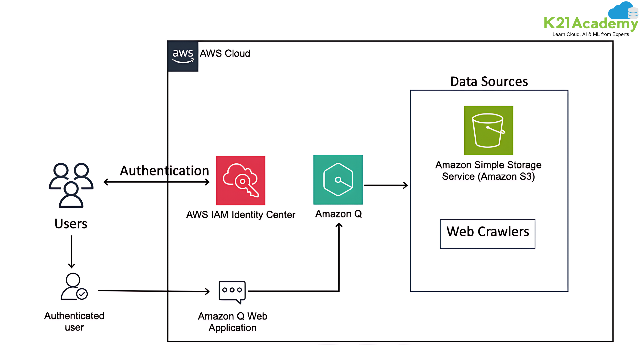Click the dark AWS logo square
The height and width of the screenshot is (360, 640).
(183, 56)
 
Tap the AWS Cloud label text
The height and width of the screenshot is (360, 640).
(225, 53)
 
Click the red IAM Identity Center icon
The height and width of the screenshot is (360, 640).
(241, 180)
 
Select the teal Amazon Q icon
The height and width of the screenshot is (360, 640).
(338, 180)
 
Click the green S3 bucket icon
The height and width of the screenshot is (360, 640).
(489, 130)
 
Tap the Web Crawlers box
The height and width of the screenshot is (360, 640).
(488, 234)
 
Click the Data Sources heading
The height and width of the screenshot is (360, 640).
(489, 82)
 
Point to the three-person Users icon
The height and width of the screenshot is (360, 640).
(71, 185)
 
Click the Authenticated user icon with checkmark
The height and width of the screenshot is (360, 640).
(74, 287)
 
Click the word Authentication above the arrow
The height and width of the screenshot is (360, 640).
(164, 171)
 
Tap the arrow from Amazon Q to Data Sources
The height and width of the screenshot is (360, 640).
(386, 185)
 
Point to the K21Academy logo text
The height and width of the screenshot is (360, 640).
(591, 23)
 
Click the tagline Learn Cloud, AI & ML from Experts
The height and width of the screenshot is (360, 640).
(591, 34)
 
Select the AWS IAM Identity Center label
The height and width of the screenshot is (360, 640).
(241, 215)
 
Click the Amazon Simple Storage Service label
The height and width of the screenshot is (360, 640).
(488, 171)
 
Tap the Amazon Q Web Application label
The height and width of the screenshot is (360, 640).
(232, 322)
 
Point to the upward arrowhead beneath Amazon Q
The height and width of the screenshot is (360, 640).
(339, 226)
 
